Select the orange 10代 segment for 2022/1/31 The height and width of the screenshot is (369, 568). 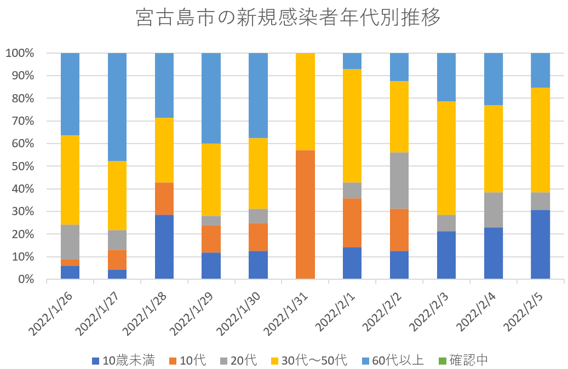tap(305, 214)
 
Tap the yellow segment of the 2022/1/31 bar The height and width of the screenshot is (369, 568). tap(305, 101)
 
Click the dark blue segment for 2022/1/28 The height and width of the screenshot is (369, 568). tap(164, 246)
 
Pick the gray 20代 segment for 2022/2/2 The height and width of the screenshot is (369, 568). tap(399, 180)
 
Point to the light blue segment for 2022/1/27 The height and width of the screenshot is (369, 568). tap(117, 107)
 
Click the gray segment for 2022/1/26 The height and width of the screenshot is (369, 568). tap(70, 241)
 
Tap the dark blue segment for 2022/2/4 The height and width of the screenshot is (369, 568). tap(493, 253)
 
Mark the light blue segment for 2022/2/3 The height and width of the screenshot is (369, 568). tap(446, 77)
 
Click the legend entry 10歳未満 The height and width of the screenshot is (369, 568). tap(123, 360)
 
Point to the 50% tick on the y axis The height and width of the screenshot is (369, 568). tap(22, 166)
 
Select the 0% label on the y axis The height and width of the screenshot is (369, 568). tap(25, 279)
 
